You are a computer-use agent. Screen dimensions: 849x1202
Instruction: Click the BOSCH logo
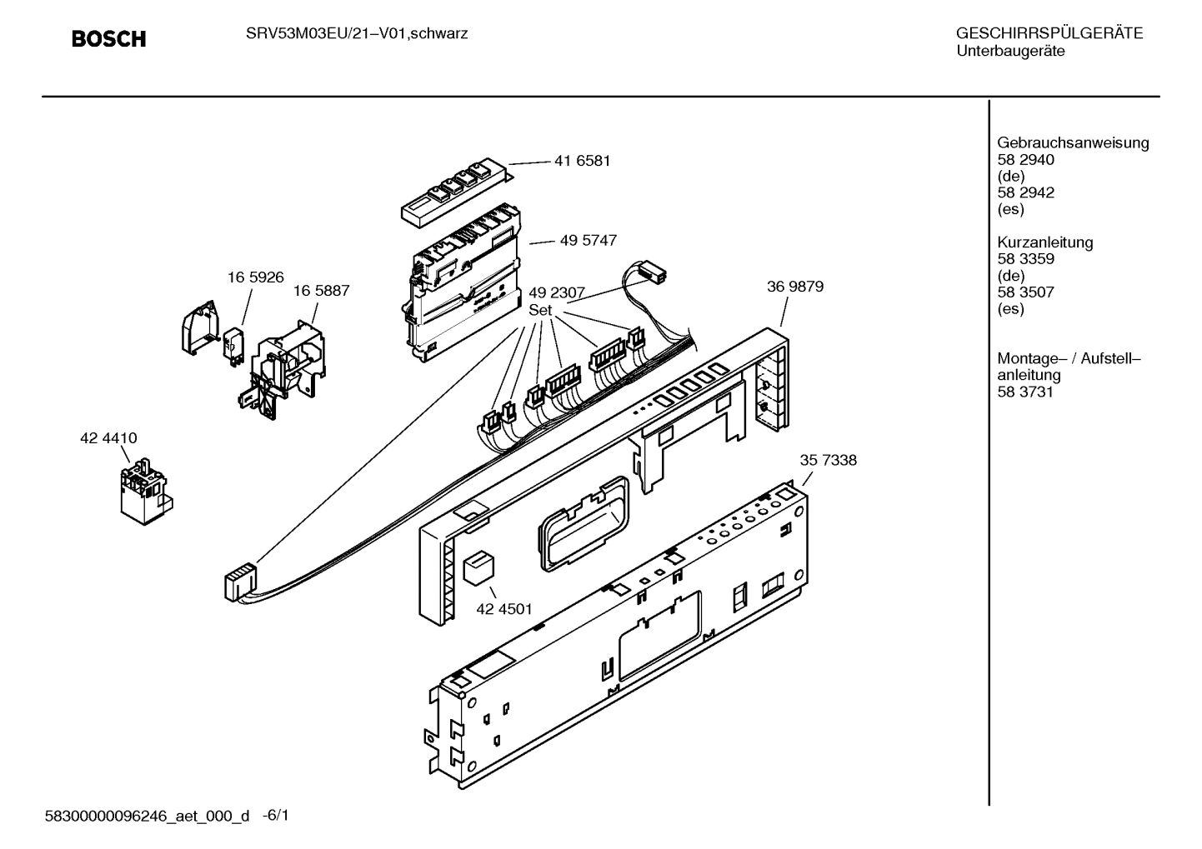(108, 39)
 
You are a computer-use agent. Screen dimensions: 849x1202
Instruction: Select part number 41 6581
(582, 161)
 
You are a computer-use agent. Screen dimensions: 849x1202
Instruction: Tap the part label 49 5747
(588, 240)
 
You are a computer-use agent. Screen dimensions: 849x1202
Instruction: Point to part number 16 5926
(255, 277)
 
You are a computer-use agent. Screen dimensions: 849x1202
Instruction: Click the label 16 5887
(321, 291)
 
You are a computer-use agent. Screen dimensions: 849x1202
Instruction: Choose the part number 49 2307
(556, 292)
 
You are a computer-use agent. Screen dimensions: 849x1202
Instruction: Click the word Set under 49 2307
(540, 309)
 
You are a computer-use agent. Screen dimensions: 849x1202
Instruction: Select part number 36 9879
(794, 287)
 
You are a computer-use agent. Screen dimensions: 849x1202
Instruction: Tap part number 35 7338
(828, 460)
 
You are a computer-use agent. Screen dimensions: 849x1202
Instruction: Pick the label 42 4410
(108, 438)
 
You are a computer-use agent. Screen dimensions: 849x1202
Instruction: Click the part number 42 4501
(503, 609)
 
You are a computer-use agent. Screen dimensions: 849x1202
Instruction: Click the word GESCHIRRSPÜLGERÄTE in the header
(1049, 33)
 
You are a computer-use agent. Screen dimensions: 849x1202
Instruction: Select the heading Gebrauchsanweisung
(1072, 142)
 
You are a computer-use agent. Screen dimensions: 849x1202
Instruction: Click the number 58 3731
(1025, 392)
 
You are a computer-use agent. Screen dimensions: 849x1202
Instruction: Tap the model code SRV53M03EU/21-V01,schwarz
(355, 33)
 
